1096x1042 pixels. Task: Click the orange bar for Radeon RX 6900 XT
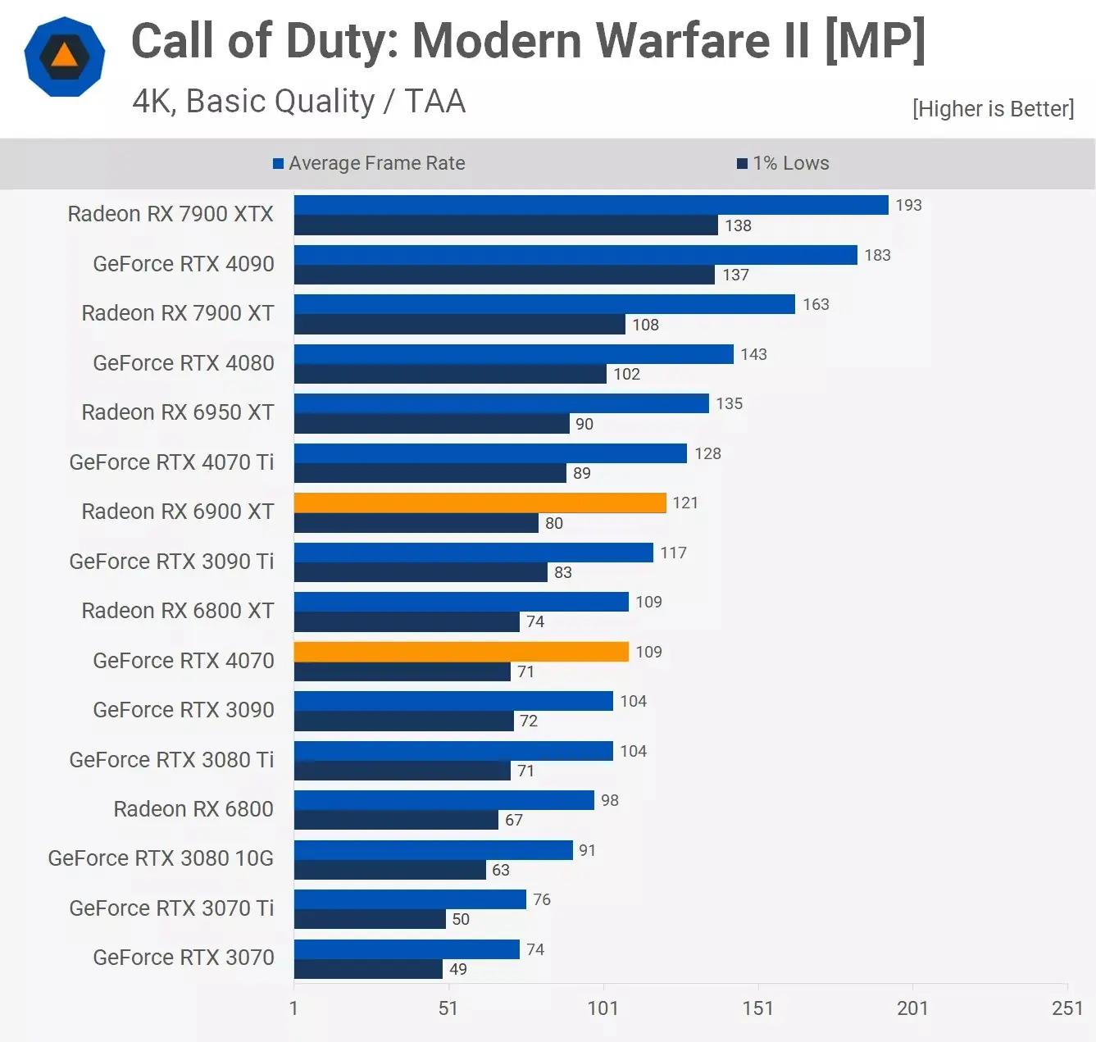tap(480, 503)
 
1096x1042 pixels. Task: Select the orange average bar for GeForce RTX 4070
tap(461, 652)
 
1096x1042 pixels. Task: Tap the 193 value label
tap(908, 205)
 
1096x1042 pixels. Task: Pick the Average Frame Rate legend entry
tap(369, 163)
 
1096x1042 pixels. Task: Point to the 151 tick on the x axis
tap(757, 1008)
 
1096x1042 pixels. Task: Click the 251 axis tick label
tap(1066, 1008)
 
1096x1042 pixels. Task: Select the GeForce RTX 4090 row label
tap(183, 264)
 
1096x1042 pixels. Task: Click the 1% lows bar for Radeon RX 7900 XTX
tap(506, 225)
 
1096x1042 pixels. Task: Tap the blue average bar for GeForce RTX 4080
tap(513, 354)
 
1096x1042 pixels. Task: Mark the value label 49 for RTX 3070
tap(458, 969)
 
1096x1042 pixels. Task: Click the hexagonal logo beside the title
tap(65, 57)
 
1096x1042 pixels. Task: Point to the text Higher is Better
tap(993, 109)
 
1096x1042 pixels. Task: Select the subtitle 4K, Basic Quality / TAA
tap(298, 102)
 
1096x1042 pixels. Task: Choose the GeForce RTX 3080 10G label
tap(161, 858)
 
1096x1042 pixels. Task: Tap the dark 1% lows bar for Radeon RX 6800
tap(396, 820)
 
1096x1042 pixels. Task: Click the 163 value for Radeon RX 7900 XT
tap(816, 304)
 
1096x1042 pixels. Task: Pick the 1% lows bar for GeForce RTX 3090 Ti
tap(421, 572)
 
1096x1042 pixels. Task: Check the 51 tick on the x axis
tap(448, 1008)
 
